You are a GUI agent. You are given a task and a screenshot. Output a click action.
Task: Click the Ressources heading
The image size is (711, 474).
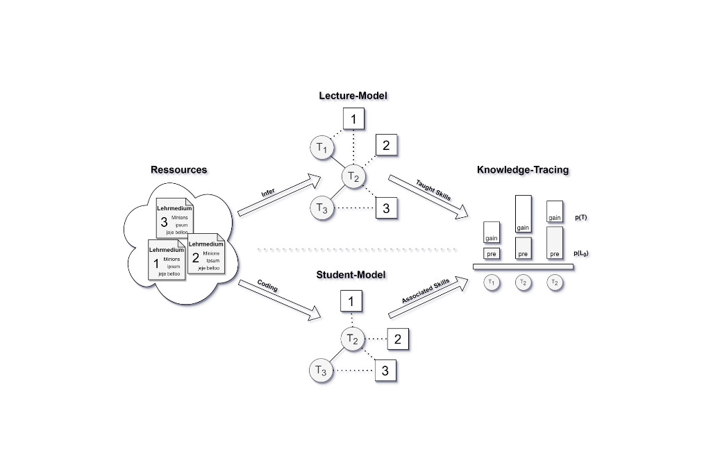(178, 169)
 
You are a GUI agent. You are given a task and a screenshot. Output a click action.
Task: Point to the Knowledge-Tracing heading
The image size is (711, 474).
(523, 169)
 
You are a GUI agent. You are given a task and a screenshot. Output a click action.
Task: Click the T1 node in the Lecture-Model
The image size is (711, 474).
(321, 147)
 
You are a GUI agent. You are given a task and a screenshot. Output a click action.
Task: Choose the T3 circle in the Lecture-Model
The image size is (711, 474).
(321, 207)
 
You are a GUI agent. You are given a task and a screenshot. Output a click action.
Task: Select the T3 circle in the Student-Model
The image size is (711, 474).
(320, 371)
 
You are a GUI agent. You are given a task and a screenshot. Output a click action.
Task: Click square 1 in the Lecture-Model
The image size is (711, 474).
(353, 119)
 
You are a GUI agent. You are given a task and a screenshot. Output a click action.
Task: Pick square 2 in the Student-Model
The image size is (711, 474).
(397, 339)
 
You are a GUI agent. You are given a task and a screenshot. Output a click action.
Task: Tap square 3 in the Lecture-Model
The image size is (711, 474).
(386, 208)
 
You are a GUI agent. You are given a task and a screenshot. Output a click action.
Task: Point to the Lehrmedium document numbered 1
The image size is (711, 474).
(167, 260)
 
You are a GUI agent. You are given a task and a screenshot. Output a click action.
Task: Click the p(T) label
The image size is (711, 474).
(582, 217)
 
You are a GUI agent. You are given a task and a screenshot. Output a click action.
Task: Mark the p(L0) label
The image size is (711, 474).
(582, 254)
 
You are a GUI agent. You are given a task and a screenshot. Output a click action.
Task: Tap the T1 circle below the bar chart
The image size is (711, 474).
(492, 282)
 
